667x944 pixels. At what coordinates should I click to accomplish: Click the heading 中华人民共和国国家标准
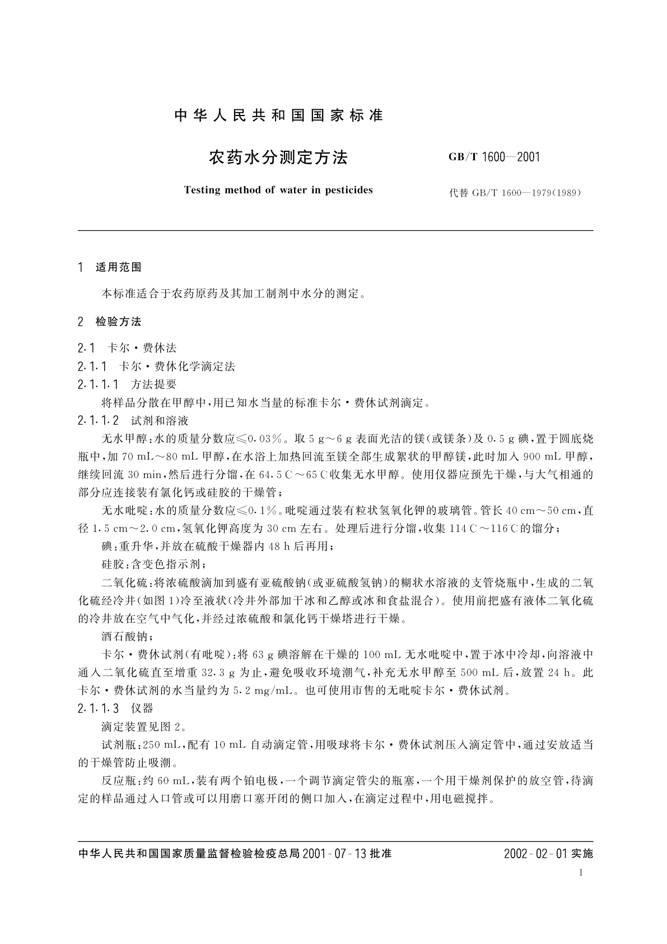pyautogui.click(x=278, y=116)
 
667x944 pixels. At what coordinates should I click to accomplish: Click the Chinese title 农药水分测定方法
pyautogui.click(x=278, y=158)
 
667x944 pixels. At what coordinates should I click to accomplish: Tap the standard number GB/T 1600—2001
pyautogui.click(x=495, y=158)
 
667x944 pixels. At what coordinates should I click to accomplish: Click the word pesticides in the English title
pyautogui.click(x=348, y=190)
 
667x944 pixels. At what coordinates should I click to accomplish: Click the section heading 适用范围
pyautogui.click(x=119, y=267)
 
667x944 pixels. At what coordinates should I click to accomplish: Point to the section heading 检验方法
pyautogui.click(x=119, y=322)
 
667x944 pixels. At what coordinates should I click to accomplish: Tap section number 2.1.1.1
pyautogui.click(x=99, y=385)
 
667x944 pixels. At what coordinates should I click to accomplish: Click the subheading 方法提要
pyautogui.click(x=153, y=385)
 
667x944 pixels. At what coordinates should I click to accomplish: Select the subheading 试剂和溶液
pyautogui.click(x=160, y=420)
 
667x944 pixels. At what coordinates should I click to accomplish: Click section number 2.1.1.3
pyautogui.click(x=99, y=709)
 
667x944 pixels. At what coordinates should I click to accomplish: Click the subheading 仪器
pyautogui.click(x=142, y=709)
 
